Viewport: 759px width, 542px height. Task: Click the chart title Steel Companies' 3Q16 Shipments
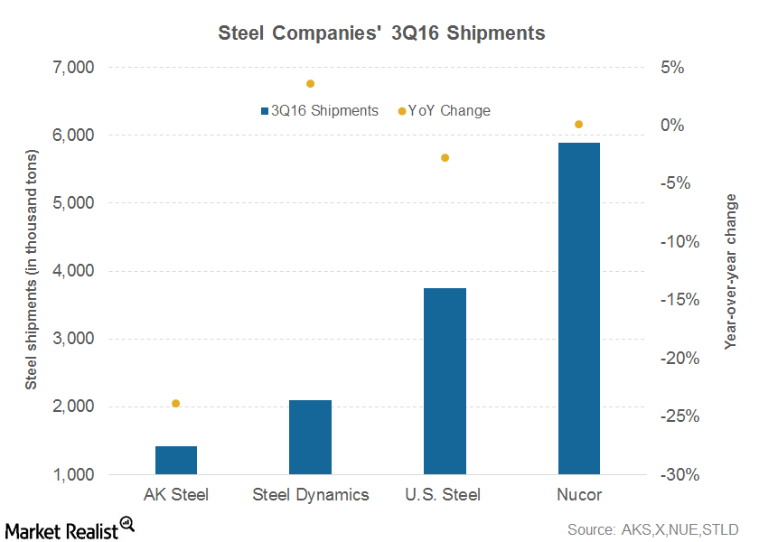coord(381,33)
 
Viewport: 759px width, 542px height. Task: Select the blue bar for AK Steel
coord(176,460)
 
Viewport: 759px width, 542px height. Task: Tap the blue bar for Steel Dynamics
coord(310,437)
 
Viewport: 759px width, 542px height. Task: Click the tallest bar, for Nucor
coord(578,308)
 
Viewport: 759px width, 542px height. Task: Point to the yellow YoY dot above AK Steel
coord(176,403)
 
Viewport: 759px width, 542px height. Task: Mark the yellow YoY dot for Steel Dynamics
coord(310,83)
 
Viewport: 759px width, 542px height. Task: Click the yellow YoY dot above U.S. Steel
coord(445,157)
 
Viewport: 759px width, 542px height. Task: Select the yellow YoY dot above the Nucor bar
coord(578,124)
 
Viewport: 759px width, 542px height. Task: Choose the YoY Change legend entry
coord(445,110)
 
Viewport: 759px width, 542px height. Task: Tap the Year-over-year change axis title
coord(731,271)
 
